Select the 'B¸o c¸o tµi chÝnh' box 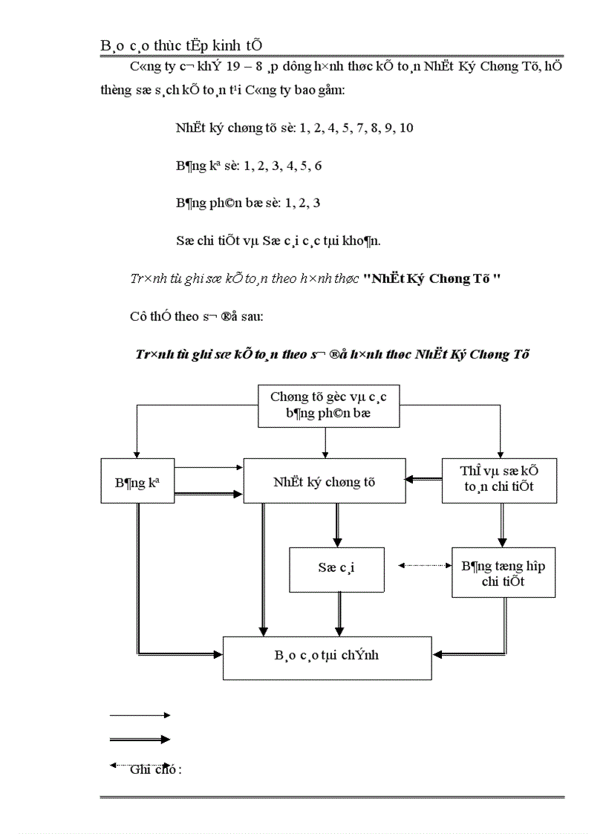click(x=327, y=657)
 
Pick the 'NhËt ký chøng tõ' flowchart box click(x=324, y=481)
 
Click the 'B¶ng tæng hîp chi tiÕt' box click(x=503, y=573)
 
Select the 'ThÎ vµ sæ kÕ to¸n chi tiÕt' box click(x=498, y=480)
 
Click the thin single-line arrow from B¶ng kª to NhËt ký click(x=209, y=468)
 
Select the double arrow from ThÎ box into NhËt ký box click(x=423, y=480)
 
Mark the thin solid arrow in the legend click(x=140, y=715)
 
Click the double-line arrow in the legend click(x=140, y=739)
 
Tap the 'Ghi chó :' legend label click(x=156, y=770)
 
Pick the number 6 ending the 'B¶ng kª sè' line click(x=318, y=166)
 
